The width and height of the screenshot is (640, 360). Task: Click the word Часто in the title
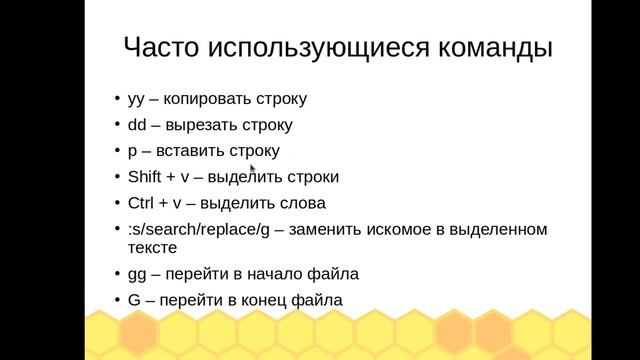(160, 47)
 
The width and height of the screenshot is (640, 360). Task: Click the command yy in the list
(137, 100)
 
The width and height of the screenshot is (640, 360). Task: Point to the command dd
(138, 125)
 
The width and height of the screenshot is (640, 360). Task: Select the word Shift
(145, 177)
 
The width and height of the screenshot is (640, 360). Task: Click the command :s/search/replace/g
(199, 229)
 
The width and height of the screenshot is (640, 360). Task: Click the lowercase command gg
(137, 274)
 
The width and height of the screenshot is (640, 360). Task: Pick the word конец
(256, 300)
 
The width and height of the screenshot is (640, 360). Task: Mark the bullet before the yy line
(115, 100)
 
